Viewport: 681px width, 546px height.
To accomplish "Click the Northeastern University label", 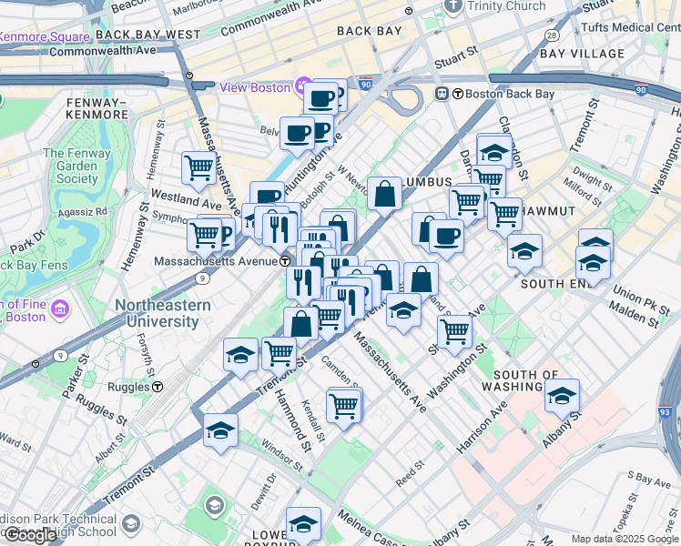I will click(163, 313).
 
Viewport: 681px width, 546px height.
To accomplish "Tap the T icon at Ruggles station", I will click(158, 387).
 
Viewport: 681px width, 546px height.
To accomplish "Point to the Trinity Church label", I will click(505, 6).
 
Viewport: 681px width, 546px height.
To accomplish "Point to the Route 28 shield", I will click(552, 35).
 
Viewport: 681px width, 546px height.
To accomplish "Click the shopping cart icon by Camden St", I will click(343, 405).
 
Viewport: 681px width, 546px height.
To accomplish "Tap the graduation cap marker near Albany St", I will click(562, 396).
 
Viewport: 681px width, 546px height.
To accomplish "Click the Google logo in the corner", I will click(30, 535).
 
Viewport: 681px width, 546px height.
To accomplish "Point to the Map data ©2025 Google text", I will click(625, 539).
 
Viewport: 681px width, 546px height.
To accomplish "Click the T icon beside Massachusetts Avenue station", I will click(285, 261).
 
